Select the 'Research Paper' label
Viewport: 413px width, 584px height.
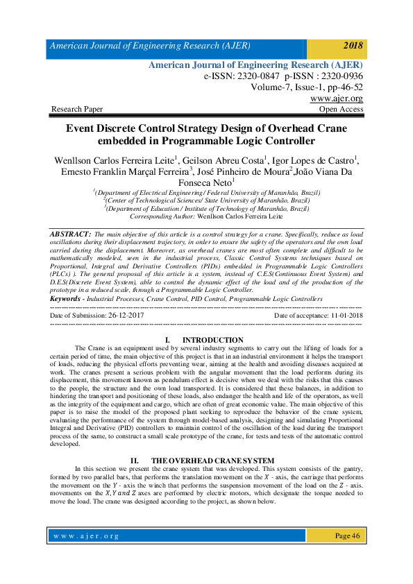tap(77, 109)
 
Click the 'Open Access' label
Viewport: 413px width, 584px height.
tap(341, 109)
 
